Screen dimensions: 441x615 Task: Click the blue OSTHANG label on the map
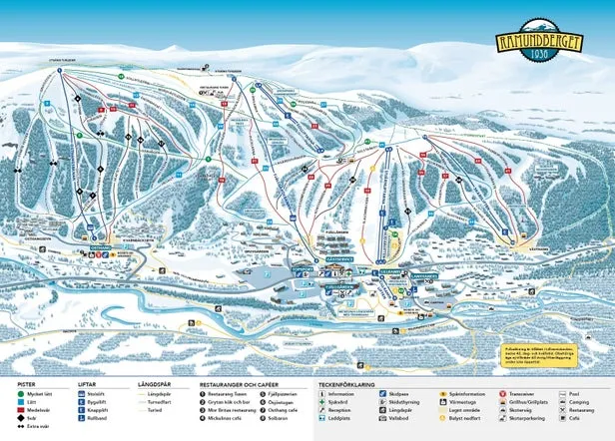[x=100, y=247]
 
